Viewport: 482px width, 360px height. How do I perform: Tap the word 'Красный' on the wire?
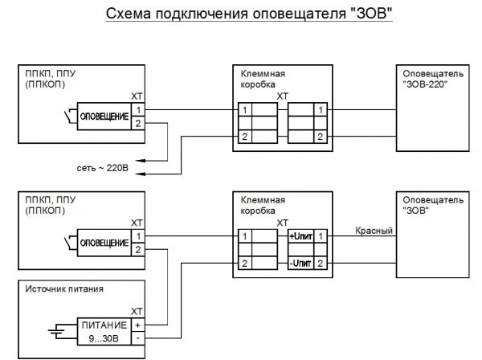click(x=374, y=231)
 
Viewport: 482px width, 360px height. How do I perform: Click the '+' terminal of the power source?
click(x=138, y=325)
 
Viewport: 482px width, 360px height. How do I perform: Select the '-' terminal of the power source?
click(x=138, y=337)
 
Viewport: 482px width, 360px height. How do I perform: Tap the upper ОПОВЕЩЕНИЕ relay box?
click(x=104, y=117)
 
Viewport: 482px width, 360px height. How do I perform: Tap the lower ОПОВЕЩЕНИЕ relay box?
click(x=104, y=243)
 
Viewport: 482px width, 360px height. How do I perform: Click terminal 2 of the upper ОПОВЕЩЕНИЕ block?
click(x=138, y=123)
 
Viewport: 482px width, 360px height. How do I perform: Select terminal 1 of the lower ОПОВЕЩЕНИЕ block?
click(x=138, y=236)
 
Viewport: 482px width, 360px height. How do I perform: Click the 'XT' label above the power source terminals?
click(x=137, y=311)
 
